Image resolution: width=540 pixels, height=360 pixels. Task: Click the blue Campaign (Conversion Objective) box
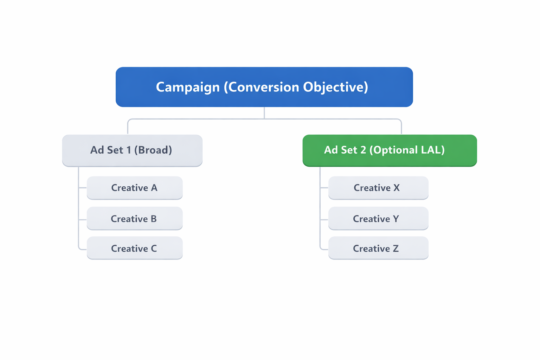click(x=264, y=87)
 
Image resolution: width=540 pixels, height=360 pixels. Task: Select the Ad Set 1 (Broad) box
click(x=132, y=150)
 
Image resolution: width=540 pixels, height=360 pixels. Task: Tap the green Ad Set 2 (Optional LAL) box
click(x=390, y=150)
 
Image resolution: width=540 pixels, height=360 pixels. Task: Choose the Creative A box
click(x=135, y=188)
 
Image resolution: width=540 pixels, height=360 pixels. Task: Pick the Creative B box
click(x=135, y=218)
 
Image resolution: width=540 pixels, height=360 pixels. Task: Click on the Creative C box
click(x=135, y=248)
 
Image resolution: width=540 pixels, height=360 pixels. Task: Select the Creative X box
click(x=378, y=188)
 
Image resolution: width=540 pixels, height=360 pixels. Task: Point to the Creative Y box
click(x=378, y=218)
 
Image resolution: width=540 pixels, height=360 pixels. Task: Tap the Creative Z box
click(x=378, y=248)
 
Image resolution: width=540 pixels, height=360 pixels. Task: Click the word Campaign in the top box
click(x=188, y=87)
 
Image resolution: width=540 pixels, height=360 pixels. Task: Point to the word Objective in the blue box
click(x=335, y=87)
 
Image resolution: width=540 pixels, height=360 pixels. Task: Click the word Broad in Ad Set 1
click(x=153, y=150)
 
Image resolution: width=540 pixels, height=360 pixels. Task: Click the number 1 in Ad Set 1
click(x=129, y=150)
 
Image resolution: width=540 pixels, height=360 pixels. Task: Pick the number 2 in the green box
click(x=363, y=150)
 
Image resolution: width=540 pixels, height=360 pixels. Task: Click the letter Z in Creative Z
click(x=396, y=249)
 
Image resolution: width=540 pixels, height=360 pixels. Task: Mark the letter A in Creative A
click(x=154, y=188)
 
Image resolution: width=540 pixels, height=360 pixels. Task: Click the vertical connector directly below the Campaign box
click(x=264, y=113)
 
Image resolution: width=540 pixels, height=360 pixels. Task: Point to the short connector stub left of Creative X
click(x=324, y=188)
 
